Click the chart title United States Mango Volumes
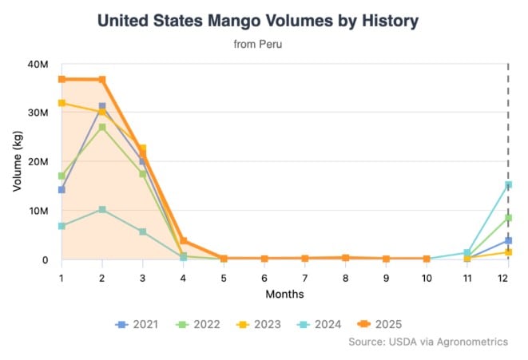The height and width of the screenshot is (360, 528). [257, 21]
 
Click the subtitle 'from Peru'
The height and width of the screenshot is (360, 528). [257, 45]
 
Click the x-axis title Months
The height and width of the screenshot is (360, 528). [284, 294]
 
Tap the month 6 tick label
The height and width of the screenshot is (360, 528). [264, 277]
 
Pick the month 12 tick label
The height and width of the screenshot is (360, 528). [508, 277]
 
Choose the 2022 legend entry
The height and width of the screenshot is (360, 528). [199, 324]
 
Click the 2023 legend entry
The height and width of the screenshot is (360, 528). [261, 324]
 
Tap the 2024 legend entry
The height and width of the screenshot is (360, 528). [324, 324]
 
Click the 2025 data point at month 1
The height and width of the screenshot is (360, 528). [62, 79]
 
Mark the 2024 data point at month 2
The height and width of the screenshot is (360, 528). [102, 209]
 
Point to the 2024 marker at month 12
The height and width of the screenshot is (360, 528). [508, 185]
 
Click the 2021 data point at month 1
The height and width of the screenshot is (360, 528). [62, 190]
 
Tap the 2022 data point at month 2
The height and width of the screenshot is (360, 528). [102, 127]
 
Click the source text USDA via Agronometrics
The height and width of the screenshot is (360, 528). [428, 342]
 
